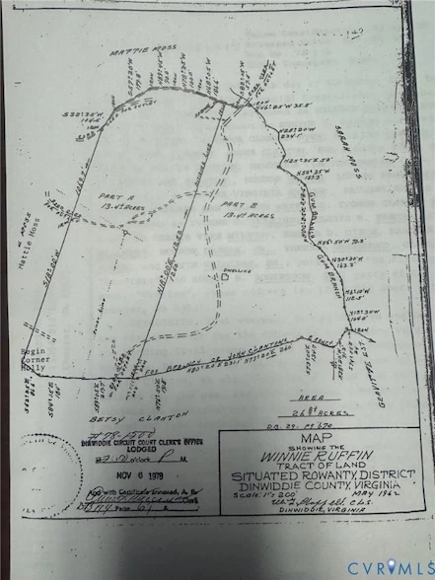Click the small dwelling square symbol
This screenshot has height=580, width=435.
226,279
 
